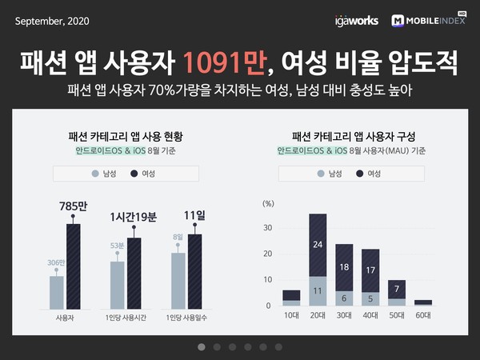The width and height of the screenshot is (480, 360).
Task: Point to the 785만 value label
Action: [73, 206]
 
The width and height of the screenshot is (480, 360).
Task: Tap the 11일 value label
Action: [195, 214]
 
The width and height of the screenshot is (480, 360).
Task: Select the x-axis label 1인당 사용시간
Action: [126, 318]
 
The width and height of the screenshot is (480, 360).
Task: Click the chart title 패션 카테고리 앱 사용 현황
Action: [126, 135]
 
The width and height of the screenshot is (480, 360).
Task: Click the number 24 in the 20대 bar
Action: [317, 245]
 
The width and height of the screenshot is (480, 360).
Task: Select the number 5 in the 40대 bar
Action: [370, 299]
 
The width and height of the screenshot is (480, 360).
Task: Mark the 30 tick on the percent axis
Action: [268, 227]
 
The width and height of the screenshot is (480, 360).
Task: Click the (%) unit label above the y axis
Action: [268, 203]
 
